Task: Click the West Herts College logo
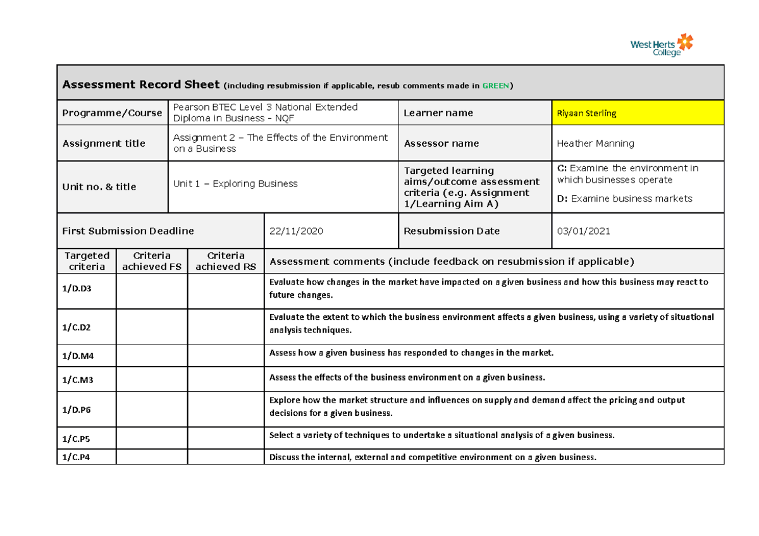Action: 662,45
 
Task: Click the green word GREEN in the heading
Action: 495,85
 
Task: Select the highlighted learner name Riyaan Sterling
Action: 586,113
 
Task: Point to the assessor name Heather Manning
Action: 595,143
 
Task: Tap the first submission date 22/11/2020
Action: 296,231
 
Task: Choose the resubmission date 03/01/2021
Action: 583,231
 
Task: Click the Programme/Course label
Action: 112,113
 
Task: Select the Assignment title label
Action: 104,143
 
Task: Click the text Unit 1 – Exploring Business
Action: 235,184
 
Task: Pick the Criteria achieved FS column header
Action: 152,261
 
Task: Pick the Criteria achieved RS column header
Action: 226,261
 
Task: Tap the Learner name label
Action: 438,113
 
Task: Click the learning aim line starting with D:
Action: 624,198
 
